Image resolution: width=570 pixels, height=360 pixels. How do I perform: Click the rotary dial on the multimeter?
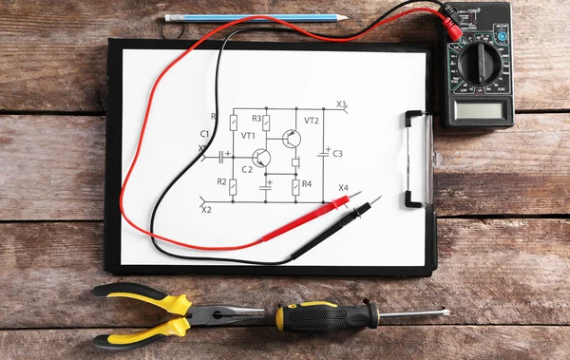pos(479,63)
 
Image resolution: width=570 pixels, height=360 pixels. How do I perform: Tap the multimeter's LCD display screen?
pos(479,109)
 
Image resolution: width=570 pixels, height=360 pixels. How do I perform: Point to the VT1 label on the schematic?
pos(249,136)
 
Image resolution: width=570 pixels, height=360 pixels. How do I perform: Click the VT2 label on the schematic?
pos(312,121)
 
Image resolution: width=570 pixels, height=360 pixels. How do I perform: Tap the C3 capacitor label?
pos(337,153)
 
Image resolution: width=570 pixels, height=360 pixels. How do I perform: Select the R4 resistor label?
pos(307,183)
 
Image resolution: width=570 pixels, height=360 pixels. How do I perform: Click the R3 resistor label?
pos(256,119)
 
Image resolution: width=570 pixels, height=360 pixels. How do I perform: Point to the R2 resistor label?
pos(221,181)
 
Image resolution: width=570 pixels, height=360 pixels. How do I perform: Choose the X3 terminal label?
pos(341,104)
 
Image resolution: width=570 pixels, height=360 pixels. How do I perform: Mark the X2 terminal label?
pos(206,209)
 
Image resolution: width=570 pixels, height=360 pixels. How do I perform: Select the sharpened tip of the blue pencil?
pos(343,17)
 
